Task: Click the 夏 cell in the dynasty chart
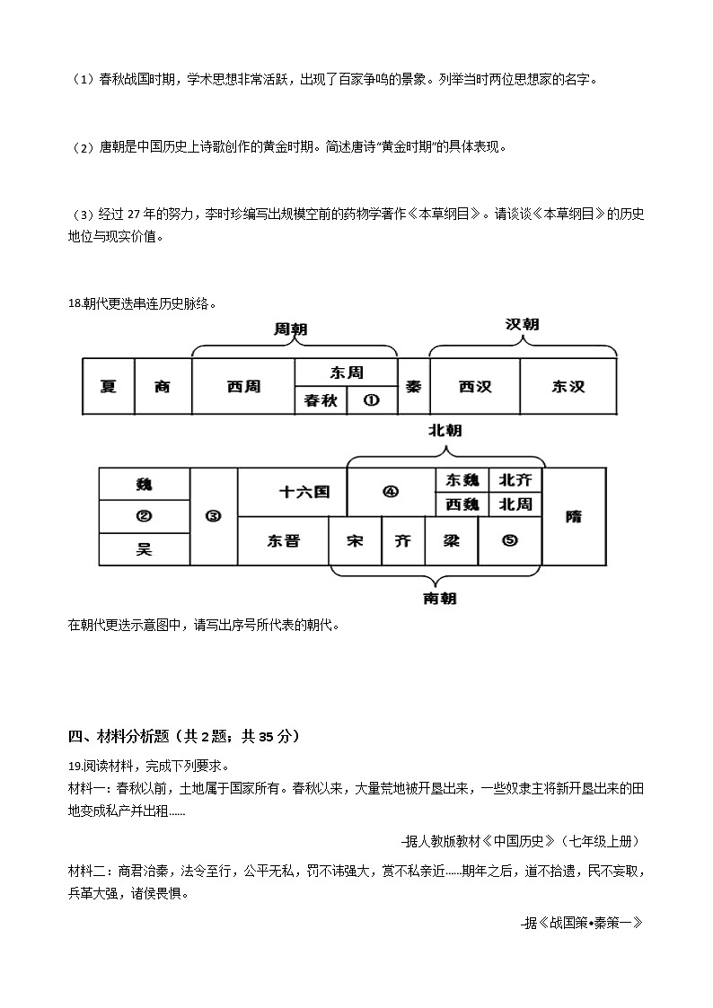[x=109, y=387]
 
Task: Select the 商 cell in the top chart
[x=163, y=387]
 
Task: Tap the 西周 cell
[x=243, y=387]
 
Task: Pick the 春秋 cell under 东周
[x=321, y=400]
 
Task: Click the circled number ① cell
[x=372, y=400]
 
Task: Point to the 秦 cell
[x=413, y=387]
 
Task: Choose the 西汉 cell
[x=475, y=387]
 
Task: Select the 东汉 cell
[x=568, y=387]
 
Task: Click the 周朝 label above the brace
[x=290, y=330]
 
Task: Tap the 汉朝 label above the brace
[x=522, y=324]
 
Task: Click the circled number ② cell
[x=144, y=516]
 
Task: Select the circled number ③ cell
[x=214, y=516]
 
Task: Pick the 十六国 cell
[x=304, y=492]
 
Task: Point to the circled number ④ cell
[x=391, y=492]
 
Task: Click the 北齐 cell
[x=515, y=479]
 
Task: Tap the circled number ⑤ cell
[x=510, y=541]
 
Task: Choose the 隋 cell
[x=574, y=516]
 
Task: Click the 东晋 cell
[x=283, y=541]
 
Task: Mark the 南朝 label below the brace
[x=439, y=599]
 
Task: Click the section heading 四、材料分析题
[x=184, y=737]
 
